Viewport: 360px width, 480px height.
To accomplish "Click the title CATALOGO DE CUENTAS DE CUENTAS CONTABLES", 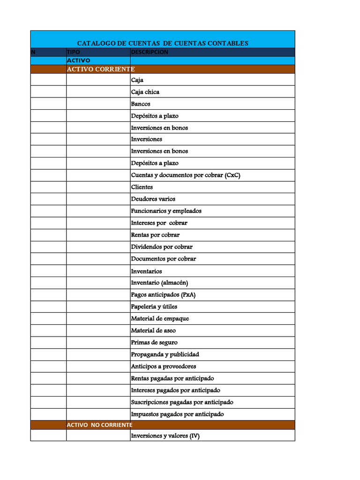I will point(162,43).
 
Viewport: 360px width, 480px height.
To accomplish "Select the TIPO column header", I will point(74,52).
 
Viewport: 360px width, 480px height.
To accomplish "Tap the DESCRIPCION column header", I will point(149,52).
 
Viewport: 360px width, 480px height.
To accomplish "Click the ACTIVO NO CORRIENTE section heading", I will point(99,425).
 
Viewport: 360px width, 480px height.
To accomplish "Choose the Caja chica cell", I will point(145,92).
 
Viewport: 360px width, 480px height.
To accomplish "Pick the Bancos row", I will point(141,104).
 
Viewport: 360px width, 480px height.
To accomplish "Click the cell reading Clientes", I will point(142,187).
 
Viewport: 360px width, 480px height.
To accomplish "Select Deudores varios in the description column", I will point(153,199).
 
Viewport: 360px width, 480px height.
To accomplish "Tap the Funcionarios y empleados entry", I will point(166,211).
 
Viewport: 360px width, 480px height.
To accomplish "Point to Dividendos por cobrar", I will point(162,247).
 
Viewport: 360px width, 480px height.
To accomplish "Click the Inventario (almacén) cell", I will point(159,283).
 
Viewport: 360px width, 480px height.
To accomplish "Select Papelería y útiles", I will point(154,307).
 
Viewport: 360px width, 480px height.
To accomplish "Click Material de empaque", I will point(160,318).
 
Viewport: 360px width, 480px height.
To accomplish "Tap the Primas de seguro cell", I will point(154,342).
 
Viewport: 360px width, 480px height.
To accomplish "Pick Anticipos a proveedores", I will point(164,366).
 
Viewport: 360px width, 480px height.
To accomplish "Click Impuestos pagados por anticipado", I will point(177,414).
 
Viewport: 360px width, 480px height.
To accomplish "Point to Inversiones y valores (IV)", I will point(165,436).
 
